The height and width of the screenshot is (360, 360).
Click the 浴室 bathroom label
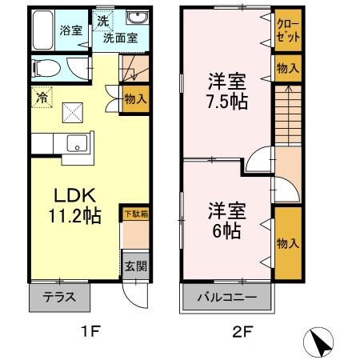click(71, 30)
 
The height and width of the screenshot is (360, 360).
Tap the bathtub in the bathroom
click(46, 30)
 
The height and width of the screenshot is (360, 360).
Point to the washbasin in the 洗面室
click(135, 18)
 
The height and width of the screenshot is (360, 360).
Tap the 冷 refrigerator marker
click(41, 98)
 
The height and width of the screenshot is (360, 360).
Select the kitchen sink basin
click(78, 144)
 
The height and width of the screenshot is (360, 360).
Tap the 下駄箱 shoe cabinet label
click(135, 214)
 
